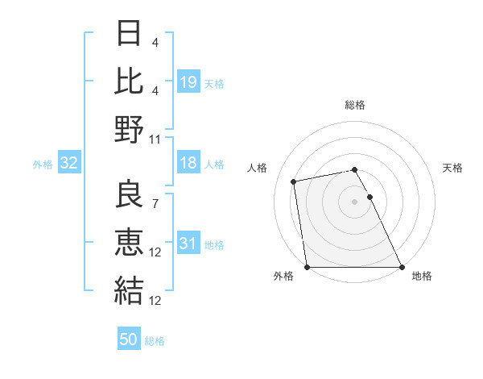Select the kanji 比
pos(130,82)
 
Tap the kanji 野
pos(130,130)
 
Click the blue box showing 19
pos(188,81)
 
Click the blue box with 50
pos(129,339)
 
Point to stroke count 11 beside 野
pos(155,139)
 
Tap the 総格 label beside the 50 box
pos(155,341)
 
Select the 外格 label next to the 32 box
pos(43,165)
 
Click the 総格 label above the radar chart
pos(354,105)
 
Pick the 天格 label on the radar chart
pos(452,168)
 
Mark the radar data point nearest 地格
pos(402,267)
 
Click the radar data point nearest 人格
pos(295,181)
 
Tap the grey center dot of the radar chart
pos(354,201)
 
